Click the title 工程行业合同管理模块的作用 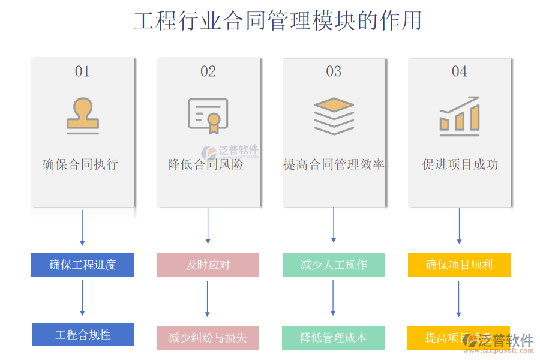[x=277, y=20]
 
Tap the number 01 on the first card [x=82, y=71]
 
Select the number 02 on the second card [x=208, y=71]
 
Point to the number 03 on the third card [x=334, y=71]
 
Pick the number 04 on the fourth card [x=460, y=71]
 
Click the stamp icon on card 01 [x=83, y=116]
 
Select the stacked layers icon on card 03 [x=334, y=116]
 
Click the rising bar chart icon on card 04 [x=460, y=116]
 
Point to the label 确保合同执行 [x=80, y=164]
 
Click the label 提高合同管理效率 [x=334, y=164]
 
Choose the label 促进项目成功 [x=460, y=164]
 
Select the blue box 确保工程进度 [x=82, y=265]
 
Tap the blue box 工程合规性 [x=83, y=335]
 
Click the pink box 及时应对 [x=208, y=265]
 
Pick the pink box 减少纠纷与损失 [x=208, y=338]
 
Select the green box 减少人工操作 [x=334, y=265]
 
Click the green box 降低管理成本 [x=334, y=338]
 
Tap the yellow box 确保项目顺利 [x=459, y=265]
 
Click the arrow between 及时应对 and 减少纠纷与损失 [x=208, y=299]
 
